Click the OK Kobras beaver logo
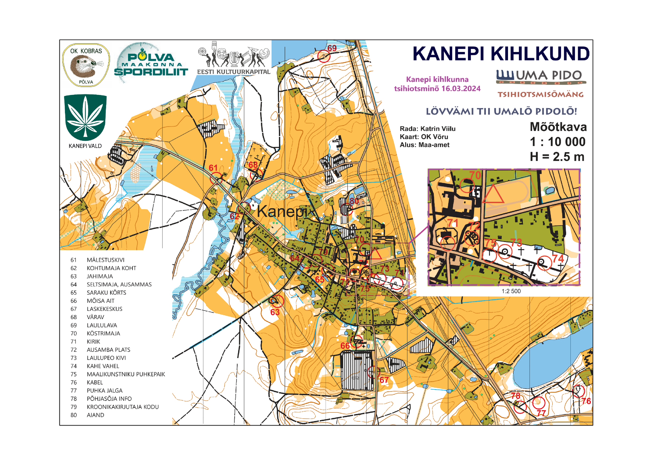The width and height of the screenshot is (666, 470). pyautogui.click(x=86, y=65)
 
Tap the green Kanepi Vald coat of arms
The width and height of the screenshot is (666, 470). pyautogui.click(x=85, y=117)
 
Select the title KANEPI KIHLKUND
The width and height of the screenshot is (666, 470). pyautogui.click(x=501, y=54)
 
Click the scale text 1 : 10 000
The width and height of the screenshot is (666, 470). pyautogui.click(x=557, y=142)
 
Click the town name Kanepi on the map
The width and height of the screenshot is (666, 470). pyautogui.click(x=282, y=211)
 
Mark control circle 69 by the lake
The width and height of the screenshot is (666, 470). pyautogui.click(x=324, y=56)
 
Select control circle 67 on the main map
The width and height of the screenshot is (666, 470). pyautogui.click(x=373, y=372)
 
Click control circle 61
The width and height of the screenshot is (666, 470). pyautogui.click(x=216, y=178)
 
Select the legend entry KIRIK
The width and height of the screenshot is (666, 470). pyautogui.click(x=93, y=342)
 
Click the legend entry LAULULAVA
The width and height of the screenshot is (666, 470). pyautogui.click(x=102, y=325)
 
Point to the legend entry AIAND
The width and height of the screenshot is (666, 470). pyautogui.click(x=95, y=415)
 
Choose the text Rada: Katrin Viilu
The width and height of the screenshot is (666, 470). pyautogui.click(x=427, y=129)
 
